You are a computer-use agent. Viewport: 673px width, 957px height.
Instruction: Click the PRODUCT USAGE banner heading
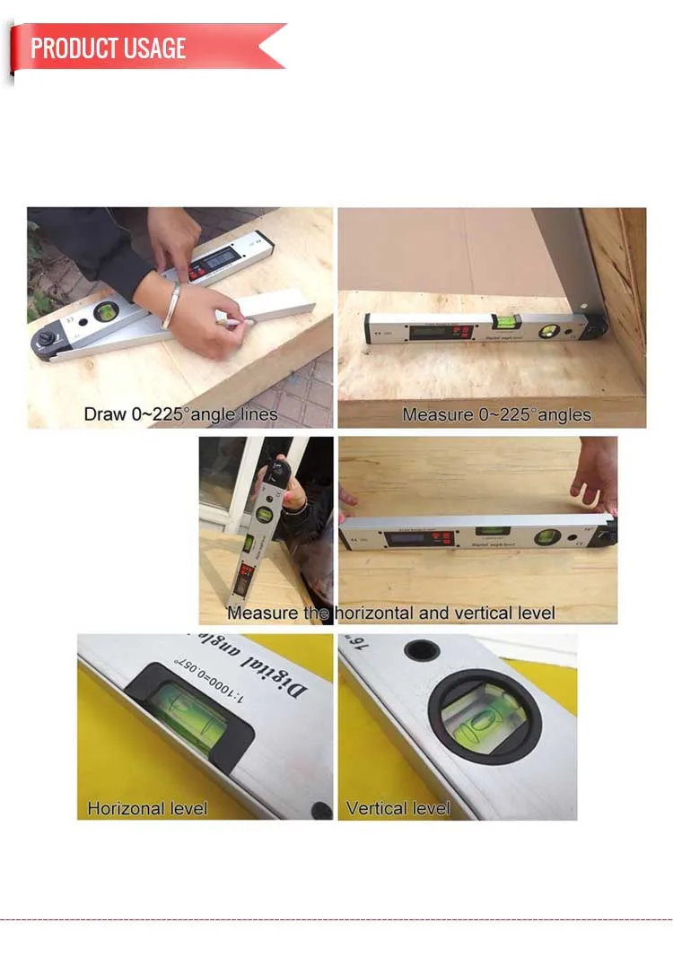point(109,48)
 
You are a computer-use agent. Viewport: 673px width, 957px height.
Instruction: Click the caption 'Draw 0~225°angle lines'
point(180,414)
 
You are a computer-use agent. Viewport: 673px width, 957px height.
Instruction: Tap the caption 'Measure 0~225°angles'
point(496,414)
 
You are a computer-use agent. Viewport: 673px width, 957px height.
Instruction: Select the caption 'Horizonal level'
point(147,808)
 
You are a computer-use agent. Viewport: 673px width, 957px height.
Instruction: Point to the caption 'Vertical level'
point(398,808)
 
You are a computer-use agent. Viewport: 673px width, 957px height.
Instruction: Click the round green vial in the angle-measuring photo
point(546,332)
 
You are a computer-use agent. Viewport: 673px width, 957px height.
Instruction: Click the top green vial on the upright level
point(265,516)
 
